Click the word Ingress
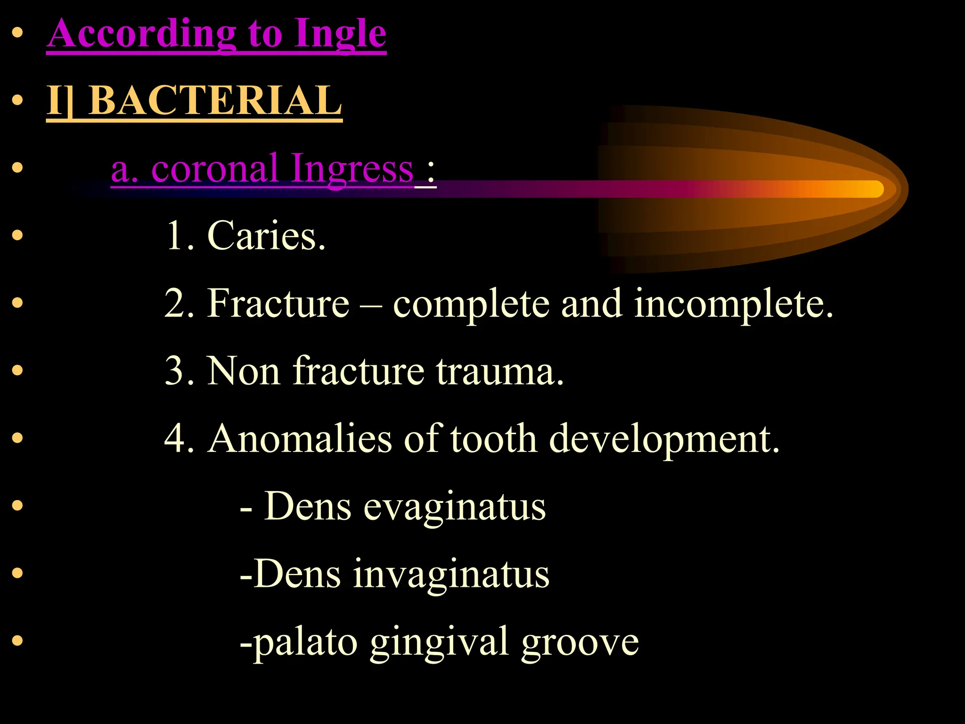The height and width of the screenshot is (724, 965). [x=352, y=169]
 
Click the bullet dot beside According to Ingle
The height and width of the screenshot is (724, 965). [x=17, y=33]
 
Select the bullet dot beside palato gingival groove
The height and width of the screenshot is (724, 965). [x=17, y=640]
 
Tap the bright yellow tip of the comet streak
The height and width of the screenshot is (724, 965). [x=872, y=189]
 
